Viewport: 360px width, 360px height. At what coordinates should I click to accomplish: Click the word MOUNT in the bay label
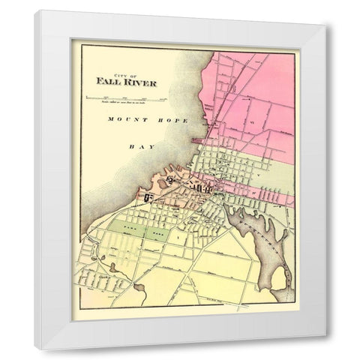coord(123,120)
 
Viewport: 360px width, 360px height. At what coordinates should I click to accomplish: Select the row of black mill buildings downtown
coord(201,188)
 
